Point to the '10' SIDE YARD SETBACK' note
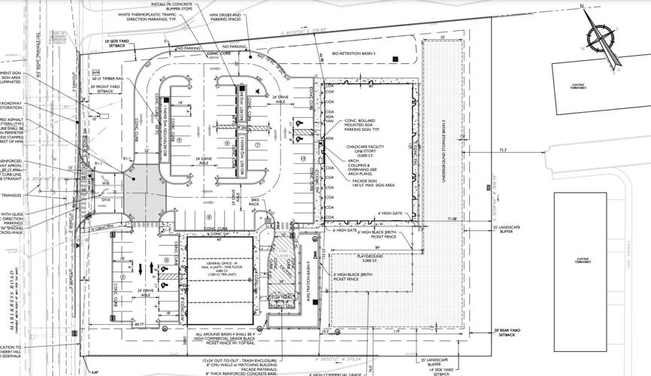click(x=118, y=43)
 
